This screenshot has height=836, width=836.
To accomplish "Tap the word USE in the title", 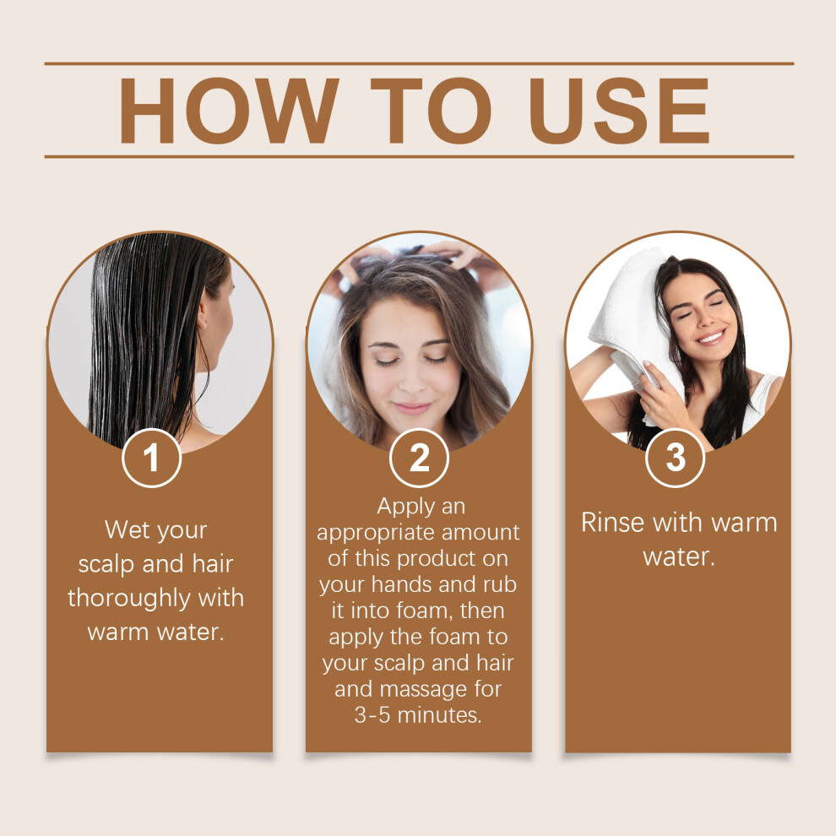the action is (619, 111).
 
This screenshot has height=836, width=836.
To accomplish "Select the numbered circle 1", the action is (151, 458).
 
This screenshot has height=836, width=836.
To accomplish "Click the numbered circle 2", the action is (419, 458).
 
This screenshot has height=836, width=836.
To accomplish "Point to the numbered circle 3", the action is (676, 458).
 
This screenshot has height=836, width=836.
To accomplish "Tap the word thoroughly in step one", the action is (128, 598).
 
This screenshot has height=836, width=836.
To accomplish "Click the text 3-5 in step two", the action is (372, 715).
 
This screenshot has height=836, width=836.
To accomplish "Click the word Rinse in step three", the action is (612, 522).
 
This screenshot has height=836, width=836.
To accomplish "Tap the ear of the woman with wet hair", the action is (203, 319).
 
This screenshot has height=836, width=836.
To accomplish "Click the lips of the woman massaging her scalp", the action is (411, 409).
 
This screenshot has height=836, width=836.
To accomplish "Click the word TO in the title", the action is (431, 111).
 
